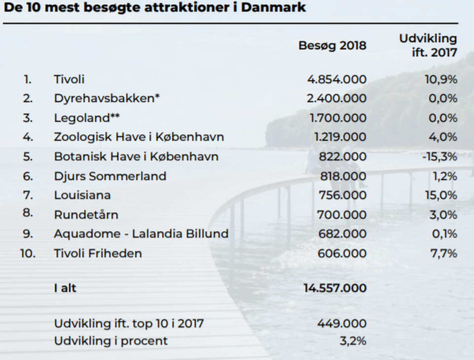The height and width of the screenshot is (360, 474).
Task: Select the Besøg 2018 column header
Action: point(332,46)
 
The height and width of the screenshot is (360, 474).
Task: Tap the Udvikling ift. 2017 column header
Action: point(428,45)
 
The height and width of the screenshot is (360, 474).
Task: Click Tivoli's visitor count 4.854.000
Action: point(336,79)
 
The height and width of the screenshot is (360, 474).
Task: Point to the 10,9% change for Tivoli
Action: point(440,79)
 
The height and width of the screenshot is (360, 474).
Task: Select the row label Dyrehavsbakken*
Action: point(107,98)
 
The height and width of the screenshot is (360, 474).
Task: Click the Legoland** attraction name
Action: point(87,118)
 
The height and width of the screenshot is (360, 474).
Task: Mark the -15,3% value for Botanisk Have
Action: point(439,157)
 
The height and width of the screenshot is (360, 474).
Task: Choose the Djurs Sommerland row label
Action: point(110,176)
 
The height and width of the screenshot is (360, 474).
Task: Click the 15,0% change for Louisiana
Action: point(441,195)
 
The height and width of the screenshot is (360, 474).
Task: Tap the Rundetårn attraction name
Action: point(86,215)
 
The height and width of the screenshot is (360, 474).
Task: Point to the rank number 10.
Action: point(27,253)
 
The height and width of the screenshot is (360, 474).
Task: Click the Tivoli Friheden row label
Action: point(98,253)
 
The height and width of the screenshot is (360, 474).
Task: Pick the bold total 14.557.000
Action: point(335,288)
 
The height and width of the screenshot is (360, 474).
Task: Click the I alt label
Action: point(65,288)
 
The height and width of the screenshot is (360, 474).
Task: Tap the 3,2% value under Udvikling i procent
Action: point(355,341)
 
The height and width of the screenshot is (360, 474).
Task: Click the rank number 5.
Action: point(28,157)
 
